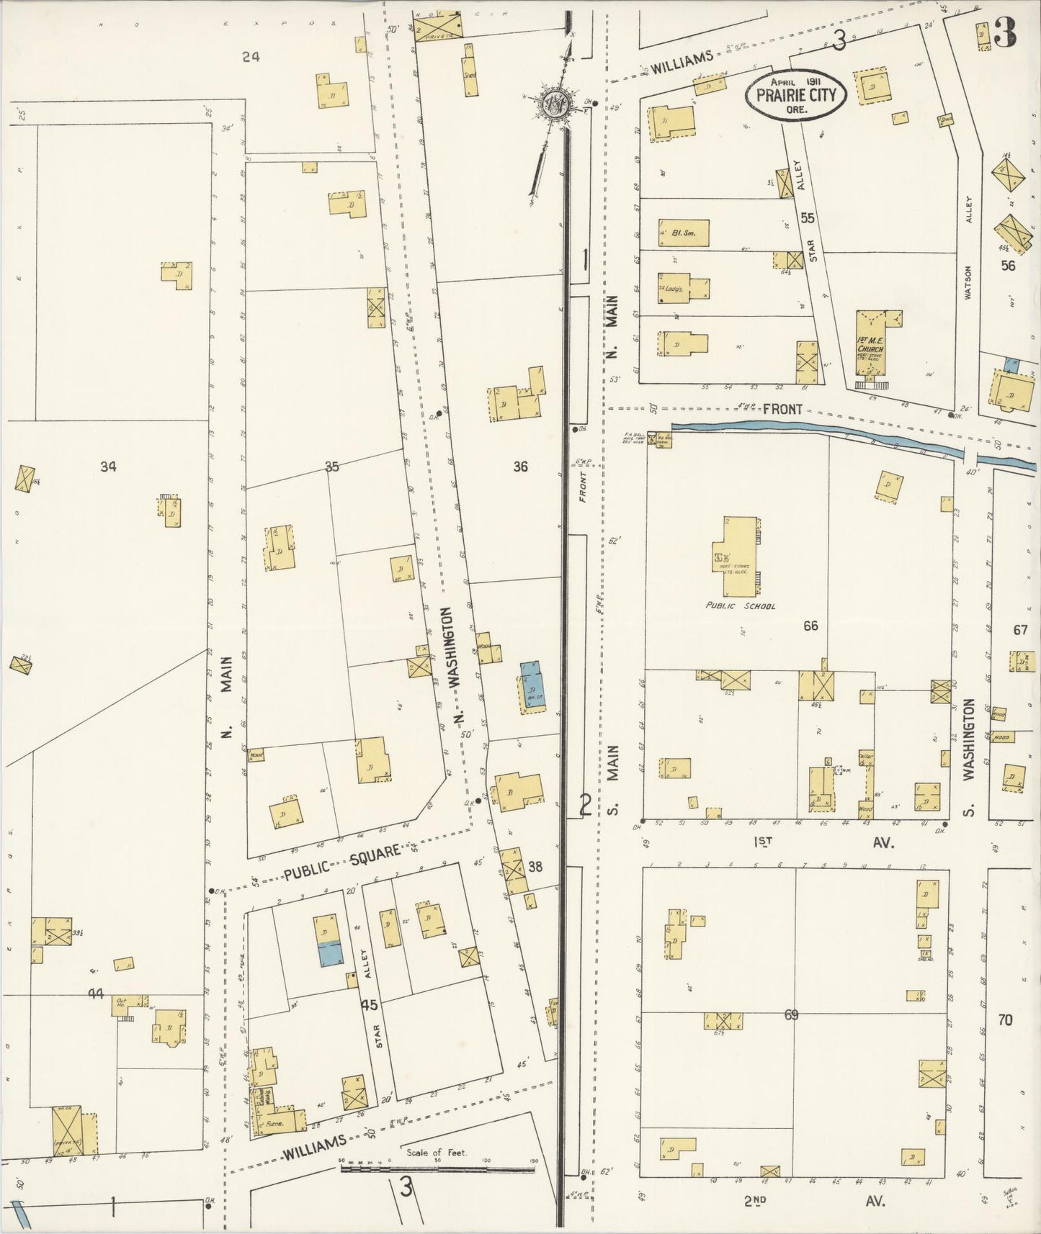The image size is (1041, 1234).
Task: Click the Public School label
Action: click(x=741, y=605)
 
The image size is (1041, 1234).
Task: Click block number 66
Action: click(x=811, y=626)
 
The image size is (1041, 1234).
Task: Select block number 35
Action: click(x=331, y=467)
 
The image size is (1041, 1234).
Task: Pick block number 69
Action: click(x=791, y=1015)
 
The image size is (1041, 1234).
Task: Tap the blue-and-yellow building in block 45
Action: click(x=328, y=941)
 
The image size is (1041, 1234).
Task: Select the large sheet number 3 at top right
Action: click(x=1004, y=32)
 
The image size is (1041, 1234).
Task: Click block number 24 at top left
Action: click(x=251, y=56)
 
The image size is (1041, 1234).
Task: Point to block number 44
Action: click(x=96, y=994)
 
